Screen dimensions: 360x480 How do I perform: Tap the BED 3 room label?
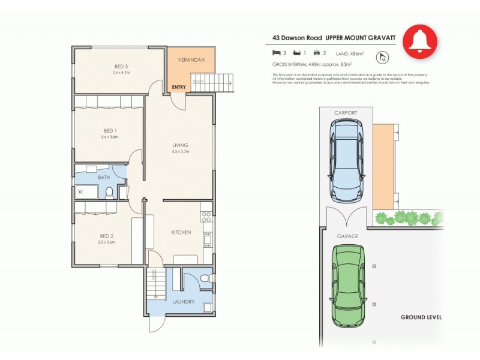[x=121, y=67]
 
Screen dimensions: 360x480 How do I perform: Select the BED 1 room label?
[x=110, y=131]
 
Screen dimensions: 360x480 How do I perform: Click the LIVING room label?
[x=180, y=145]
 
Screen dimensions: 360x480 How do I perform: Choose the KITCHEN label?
[x=181, y=232]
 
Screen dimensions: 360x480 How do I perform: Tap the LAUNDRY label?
[x=183, y=302]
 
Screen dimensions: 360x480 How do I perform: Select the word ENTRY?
[x=178, y=88]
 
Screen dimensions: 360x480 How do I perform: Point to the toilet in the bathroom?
[x=109, y=192]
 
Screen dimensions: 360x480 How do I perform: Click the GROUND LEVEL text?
[x=421, y=317]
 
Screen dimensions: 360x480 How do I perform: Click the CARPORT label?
[x=346, y=113]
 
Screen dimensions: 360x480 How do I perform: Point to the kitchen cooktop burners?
[x=206, y=214]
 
